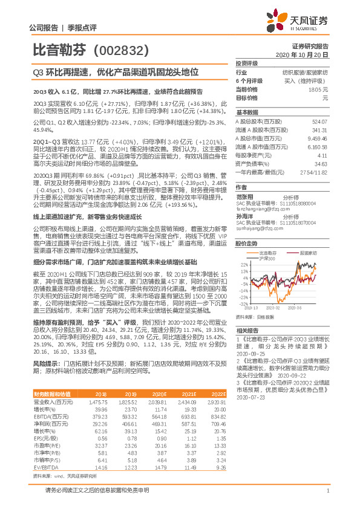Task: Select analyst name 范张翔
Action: [x=244, y=189]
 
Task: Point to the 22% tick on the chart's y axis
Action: [x=243, y=247]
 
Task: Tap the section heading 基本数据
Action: [x=247, y=113]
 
